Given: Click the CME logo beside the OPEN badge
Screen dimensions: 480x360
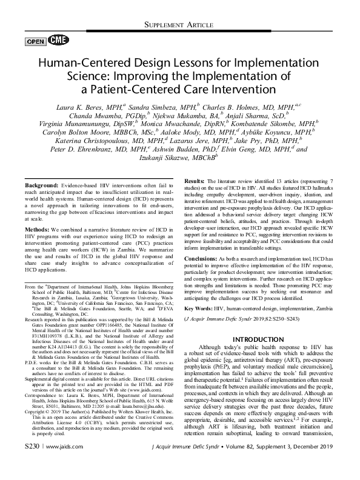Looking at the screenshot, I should click(x=53, y=41).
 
